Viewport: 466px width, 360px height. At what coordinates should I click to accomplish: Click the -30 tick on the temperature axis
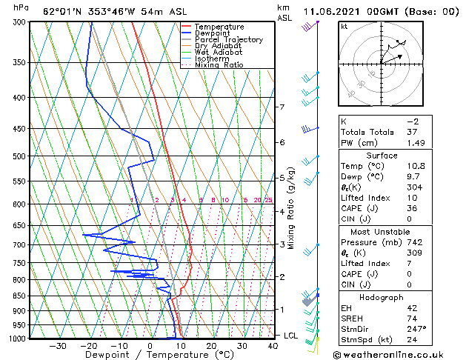(58, 346)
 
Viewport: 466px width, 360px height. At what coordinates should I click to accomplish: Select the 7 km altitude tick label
(282, 107)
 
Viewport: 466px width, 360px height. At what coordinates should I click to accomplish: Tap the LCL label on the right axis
(291, 336)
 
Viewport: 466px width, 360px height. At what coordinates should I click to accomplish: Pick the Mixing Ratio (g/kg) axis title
(291, 208)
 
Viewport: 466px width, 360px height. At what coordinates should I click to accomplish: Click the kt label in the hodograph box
(344, 26)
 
